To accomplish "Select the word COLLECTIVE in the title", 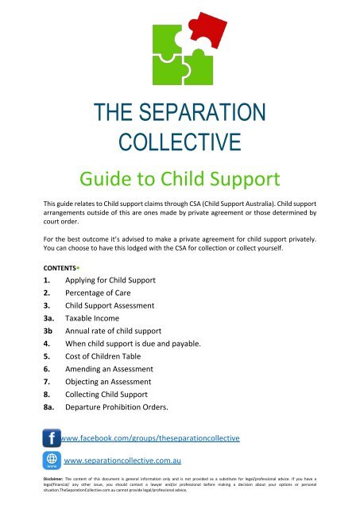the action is (x=180, y=144).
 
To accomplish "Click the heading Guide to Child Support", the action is (x=180, y=176).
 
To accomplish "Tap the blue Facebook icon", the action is (x=52, y=438).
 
